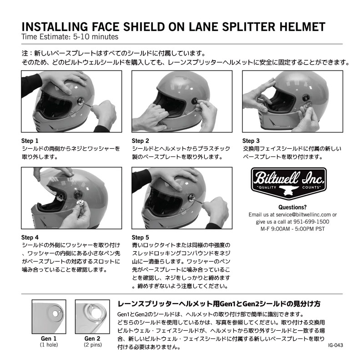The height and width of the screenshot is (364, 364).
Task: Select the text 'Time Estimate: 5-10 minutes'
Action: [x=70, y=36]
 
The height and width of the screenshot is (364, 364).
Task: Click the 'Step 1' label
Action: [x=30, y=141]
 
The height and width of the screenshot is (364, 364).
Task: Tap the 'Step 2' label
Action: [x=141, y=141]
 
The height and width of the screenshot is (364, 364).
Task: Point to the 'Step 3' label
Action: [x=251, y=141]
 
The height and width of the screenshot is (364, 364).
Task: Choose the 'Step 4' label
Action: [x=30, y=237]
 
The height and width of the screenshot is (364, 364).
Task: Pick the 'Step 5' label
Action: [x=141, y=237]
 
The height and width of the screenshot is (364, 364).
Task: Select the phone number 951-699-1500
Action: [x=312, y=222]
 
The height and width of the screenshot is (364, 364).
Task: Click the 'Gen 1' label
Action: [x=49, y=339]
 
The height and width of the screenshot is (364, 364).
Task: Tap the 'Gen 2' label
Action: [x=92, y=339]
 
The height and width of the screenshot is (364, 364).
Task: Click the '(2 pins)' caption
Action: [x=92, y=345]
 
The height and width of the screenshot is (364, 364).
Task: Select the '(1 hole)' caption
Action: [x=49, y=345]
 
